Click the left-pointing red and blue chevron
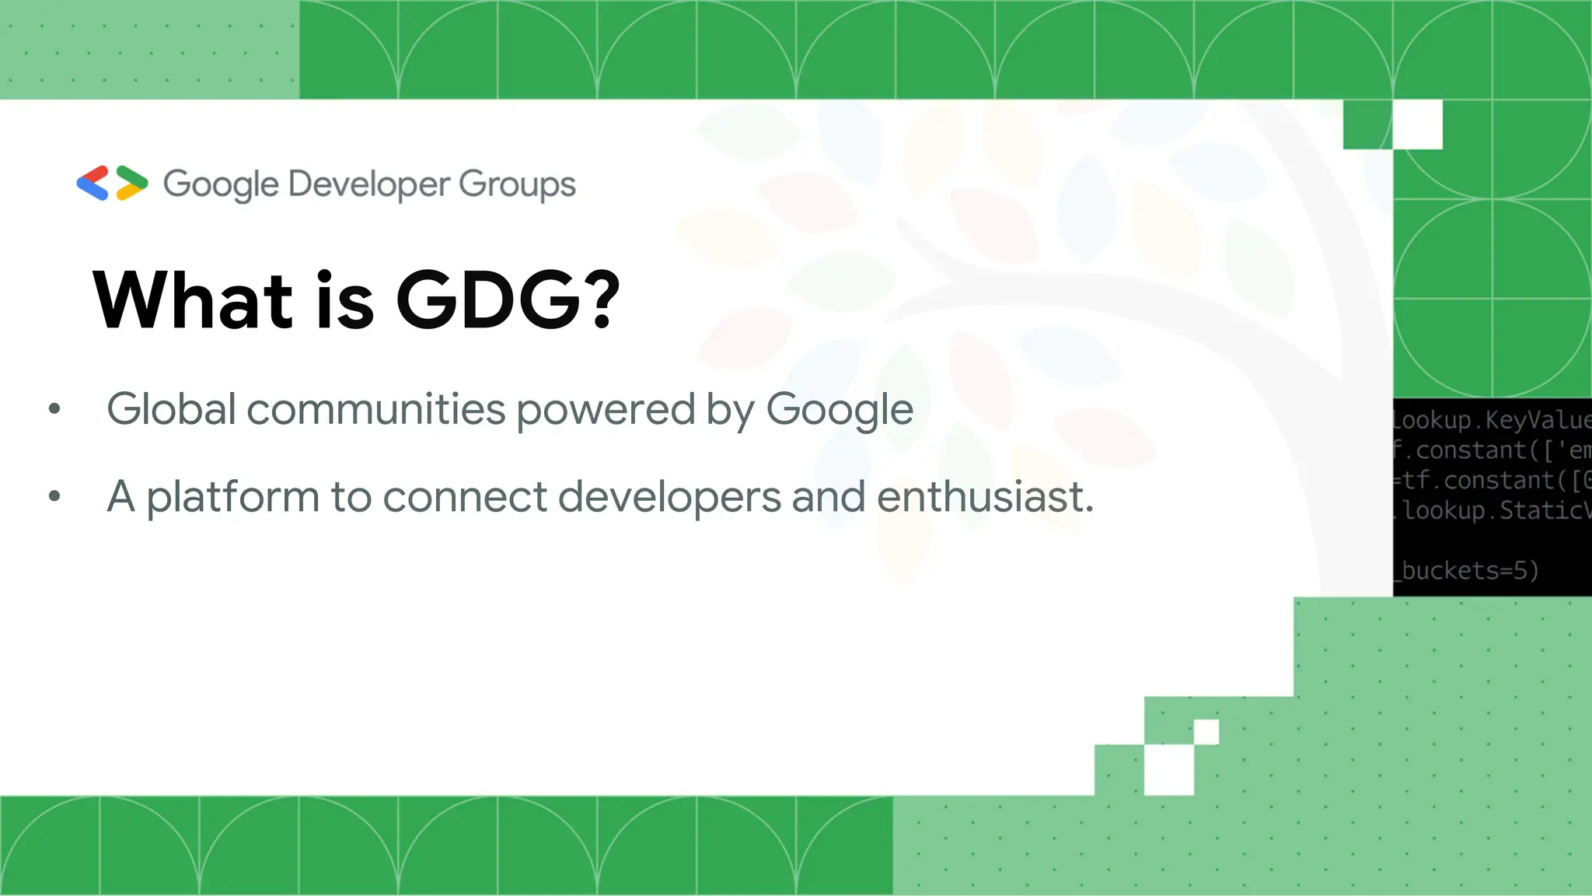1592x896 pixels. coord(93,184)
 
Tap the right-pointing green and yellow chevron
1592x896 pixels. coord(131,184)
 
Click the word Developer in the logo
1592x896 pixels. coord(369,185)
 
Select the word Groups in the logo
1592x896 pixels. coord(517,185)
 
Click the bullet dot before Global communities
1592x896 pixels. coord(54,408)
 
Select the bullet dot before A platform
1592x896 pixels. coord(54,495)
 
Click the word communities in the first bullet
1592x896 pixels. coord(376,409)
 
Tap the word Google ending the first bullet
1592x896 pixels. coord(840,411)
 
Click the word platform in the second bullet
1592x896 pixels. coord(232,498)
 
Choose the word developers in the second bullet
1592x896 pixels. coord(669,498)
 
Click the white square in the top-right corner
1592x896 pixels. coord(1417,124)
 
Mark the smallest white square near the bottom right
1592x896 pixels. coord(1206,732)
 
